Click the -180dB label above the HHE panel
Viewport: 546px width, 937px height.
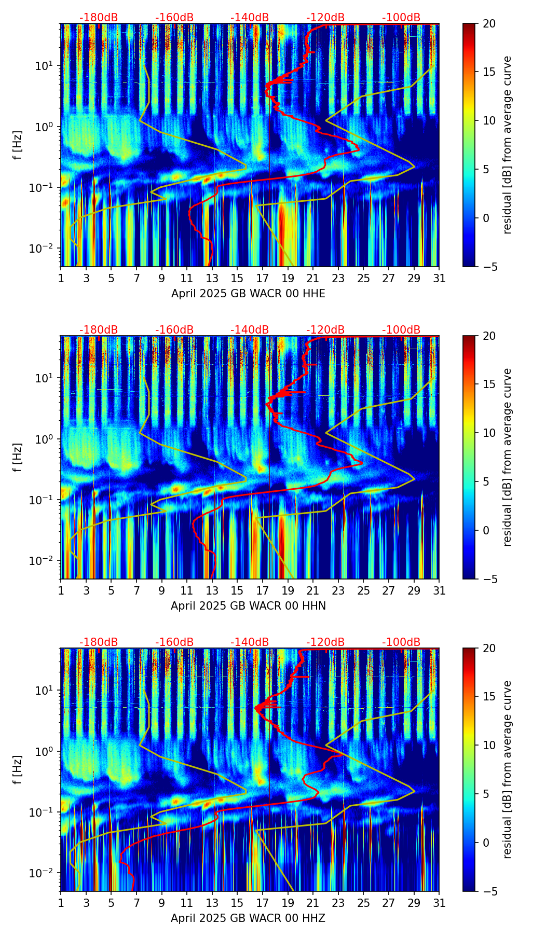(x=99, y=18)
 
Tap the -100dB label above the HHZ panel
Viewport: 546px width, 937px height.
(x=401, y=642)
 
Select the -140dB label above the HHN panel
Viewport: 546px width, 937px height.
(x=250, y=330)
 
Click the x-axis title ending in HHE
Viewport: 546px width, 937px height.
(x=248, y=294)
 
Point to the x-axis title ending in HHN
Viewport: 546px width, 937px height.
(x=248, y=606)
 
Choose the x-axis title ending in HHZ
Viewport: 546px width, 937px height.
(x=248, y=918)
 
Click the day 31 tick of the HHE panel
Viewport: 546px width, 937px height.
(x=439, y=278)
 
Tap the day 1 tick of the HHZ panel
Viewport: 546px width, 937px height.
(x=61, y=903)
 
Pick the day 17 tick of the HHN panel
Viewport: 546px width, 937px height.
(x=263, y=590)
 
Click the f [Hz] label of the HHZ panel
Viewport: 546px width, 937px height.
(x=17, y=770)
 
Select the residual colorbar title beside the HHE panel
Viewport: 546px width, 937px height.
(x=507, y=145)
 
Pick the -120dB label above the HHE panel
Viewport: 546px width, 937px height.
(x=325, y=18)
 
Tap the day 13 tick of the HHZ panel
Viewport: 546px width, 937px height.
(x=212, y=903)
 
